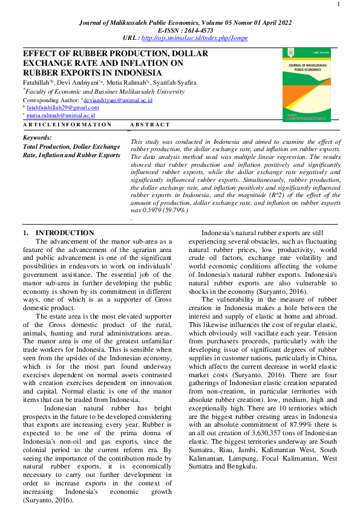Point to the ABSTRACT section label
click(151, 125)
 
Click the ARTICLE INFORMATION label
click(67, 125)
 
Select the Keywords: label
click(36, 138)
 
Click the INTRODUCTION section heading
click(65, 233)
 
